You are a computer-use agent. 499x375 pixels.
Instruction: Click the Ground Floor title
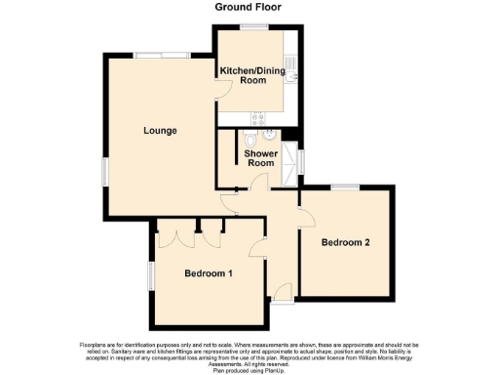(x=249, y=7)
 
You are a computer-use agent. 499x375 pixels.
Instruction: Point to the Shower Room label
(x=260, y=158)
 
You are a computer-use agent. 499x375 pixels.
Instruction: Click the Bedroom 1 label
(x=209, y=273)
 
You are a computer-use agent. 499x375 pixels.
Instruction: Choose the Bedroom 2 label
(x=346, y=242)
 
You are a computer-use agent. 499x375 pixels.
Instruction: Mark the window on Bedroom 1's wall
(x=151, y=274)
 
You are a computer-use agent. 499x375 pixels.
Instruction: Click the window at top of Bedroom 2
(x=345, y=187)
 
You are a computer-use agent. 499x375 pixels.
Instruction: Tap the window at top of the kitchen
(x=256, y=27)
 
